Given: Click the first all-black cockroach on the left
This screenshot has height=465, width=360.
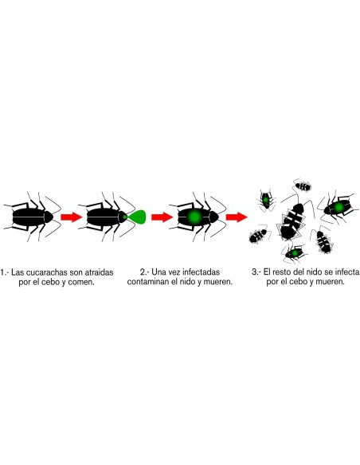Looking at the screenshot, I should pos(33,216).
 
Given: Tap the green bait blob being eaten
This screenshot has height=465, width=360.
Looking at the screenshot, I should pos(136,216).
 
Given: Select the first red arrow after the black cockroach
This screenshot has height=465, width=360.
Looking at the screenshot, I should pos(72,217).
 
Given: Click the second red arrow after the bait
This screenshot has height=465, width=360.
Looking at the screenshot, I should pos(162,217).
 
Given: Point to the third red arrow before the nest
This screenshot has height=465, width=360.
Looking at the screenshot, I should pos(236,217).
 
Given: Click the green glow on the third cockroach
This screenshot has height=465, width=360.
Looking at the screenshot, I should pos(194,217).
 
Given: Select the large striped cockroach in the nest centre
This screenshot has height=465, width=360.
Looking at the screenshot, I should pos(292,220).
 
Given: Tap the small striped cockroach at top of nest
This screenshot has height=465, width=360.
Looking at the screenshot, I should pos(303,187).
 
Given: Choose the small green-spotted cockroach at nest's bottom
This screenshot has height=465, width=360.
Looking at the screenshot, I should pos(294,253).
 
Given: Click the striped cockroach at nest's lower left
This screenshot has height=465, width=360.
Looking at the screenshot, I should pos(260,236).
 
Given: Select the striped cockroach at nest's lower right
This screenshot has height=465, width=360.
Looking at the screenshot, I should pos(324,240).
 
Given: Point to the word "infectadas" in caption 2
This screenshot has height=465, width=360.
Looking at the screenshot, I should pos(203,272).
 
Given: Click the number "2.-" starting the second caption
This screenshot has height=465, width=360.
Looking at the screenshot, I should pos(144,272).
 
